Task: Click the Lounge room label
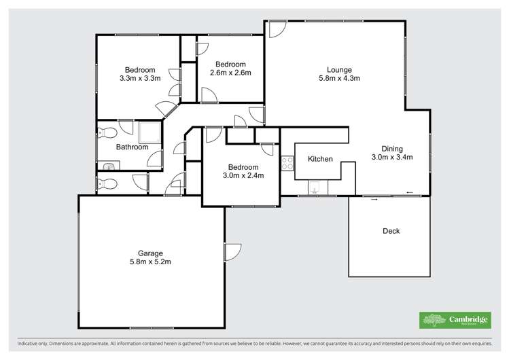tap(339, 69)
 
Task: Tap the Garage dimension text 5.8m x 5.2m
tap(150, 262)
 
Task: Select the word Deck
tap(391, 231)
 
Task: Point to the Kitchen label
tap(320, 159)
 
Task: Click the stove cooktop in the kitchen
tap(287, 163)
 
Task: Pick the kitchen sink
tap(315, 187)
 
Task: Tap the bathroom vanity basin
tap(108, 164)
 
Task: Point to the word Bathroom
tap(132, 147)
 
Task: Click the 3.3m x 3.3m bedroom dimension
tap(139, 78)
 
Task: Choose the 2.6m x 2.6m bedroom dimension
tap(230, 73)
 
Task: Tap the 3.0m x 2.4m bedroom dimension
tap(243, 175)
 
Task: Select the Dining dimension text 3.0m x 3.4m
tap(392, 157)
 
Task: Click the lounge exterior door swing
tap(276, 29)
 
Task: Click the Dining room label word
tap(392, 149)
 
